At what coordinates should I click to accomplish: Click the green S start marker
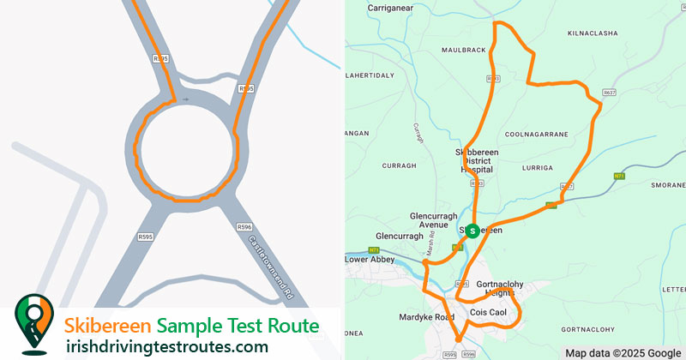tap(472, 231)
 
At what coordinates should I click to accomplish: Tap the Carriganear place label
tap(391, 8)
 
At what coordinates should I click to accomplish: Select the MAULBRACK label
tap(464, 51)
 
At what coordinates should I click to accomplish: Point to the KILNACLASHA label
tap(592, 33)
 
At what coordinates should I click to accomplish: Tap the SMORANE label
tap(669, 185)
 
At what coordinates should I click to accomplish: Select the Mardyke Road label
tap(426, 317)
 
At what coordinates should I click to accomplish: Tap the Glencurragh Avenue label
tap(417, 221)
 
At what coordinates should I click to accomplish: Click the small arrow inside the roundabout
tap(185, 99)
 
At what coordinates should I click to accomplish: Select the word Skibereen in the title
tap(109, 326)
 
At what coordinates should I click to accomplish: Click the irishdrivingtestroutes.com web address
tap(167, 346)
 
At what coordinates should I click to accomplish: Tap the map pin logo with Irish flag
tap(33, 325)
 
